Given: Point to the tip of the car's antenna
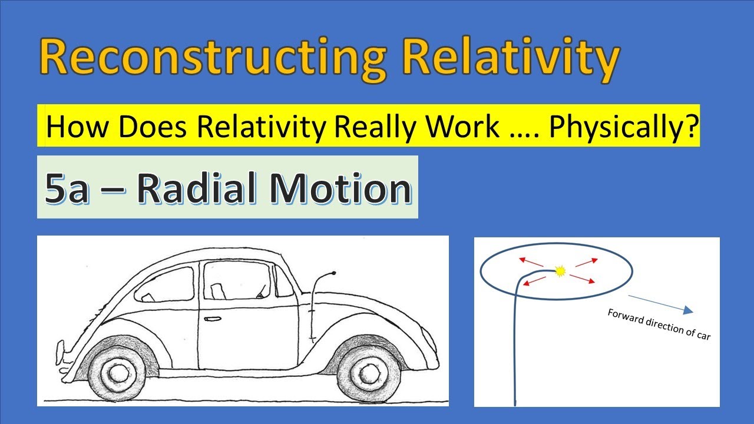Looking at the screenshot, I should (x=334, y=273).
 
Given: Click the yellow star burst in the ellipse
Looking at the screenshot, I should (x=560, y=271).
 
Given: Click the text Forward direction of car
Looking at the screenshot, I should (x=659, y=324).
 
